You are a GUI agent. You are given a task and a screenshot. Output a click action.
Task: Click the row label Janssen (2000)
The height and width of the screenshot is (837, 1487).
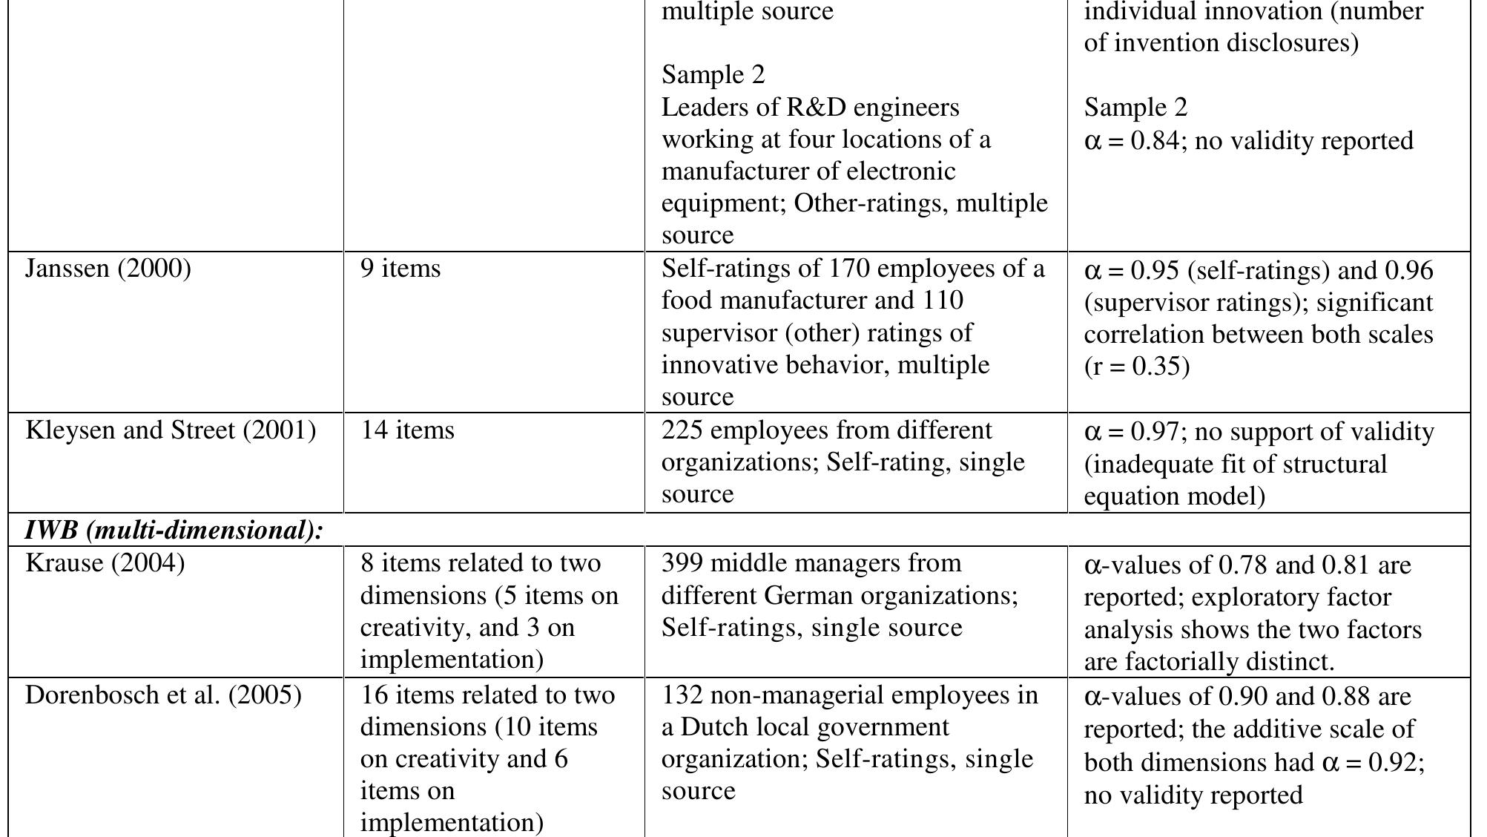point(108,269)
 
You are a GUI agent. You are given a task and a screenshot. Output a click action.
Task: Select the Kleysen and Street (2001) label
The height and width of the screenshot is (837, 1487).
point(171,430)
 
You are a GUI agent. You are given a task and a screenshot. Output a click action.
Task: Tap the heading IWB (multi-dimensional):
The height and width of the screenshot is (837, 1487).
point(174,531)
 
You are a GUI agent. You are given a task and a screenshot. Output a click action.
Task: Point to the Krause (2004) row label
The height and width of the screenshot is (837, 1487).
point(105,563)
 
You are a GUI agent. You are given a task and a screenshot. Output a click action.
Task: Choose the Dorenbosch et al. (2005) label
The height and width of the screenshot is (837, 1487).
point(163,695)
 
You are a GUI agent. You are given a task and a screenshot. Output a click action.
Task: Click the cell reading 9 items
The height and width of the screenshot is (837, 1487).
point(400,269)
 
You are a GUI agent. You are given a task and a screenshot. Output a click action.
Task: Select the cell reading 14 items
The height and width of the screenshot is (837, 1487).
point(407,430)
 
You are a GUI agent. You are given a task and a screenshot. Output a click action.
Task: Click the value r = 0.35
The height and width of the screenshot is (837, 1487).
point(1137,367)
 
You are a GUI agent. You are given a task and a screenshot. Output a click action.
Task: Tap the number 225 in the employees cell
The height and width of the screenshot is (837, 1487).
point(682,430)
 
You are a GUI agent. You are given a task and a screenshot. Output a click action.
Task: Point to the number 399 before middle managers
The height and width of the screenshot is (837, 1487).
point(682,563)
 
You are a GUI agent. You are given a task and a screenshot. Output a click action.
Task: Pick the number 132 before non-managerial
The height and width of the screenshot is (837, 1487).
point(682,695)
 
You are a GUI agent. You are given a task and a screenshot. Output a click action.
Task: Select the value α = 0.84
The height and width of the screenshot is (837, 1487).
point(1131,141)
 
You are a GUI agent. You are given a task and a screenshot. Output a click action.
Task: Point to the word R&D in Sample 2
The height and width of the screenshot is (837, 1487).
point(816,108)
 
